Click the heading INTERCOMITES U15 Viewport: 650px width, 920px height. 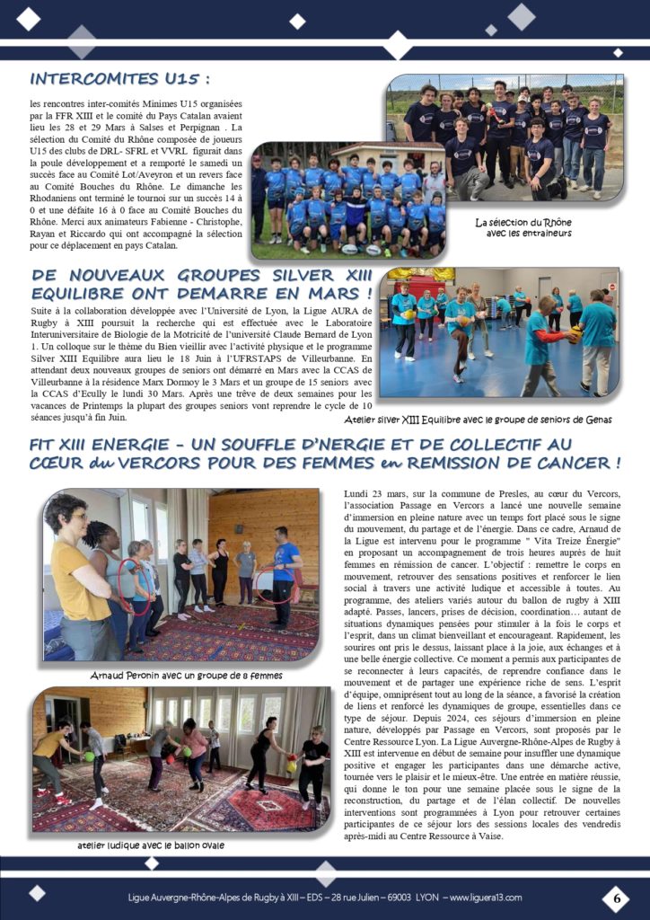(120, 78)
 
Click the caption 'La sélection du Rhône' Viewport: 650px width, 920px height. (523, 222)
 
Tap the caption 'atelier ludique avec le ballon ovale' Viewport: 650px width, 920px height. (150, 845)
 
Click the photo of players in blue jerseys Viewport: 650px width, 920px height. (348, 199)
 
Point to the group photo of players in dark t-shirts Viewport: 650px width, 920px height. (505, 137)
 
